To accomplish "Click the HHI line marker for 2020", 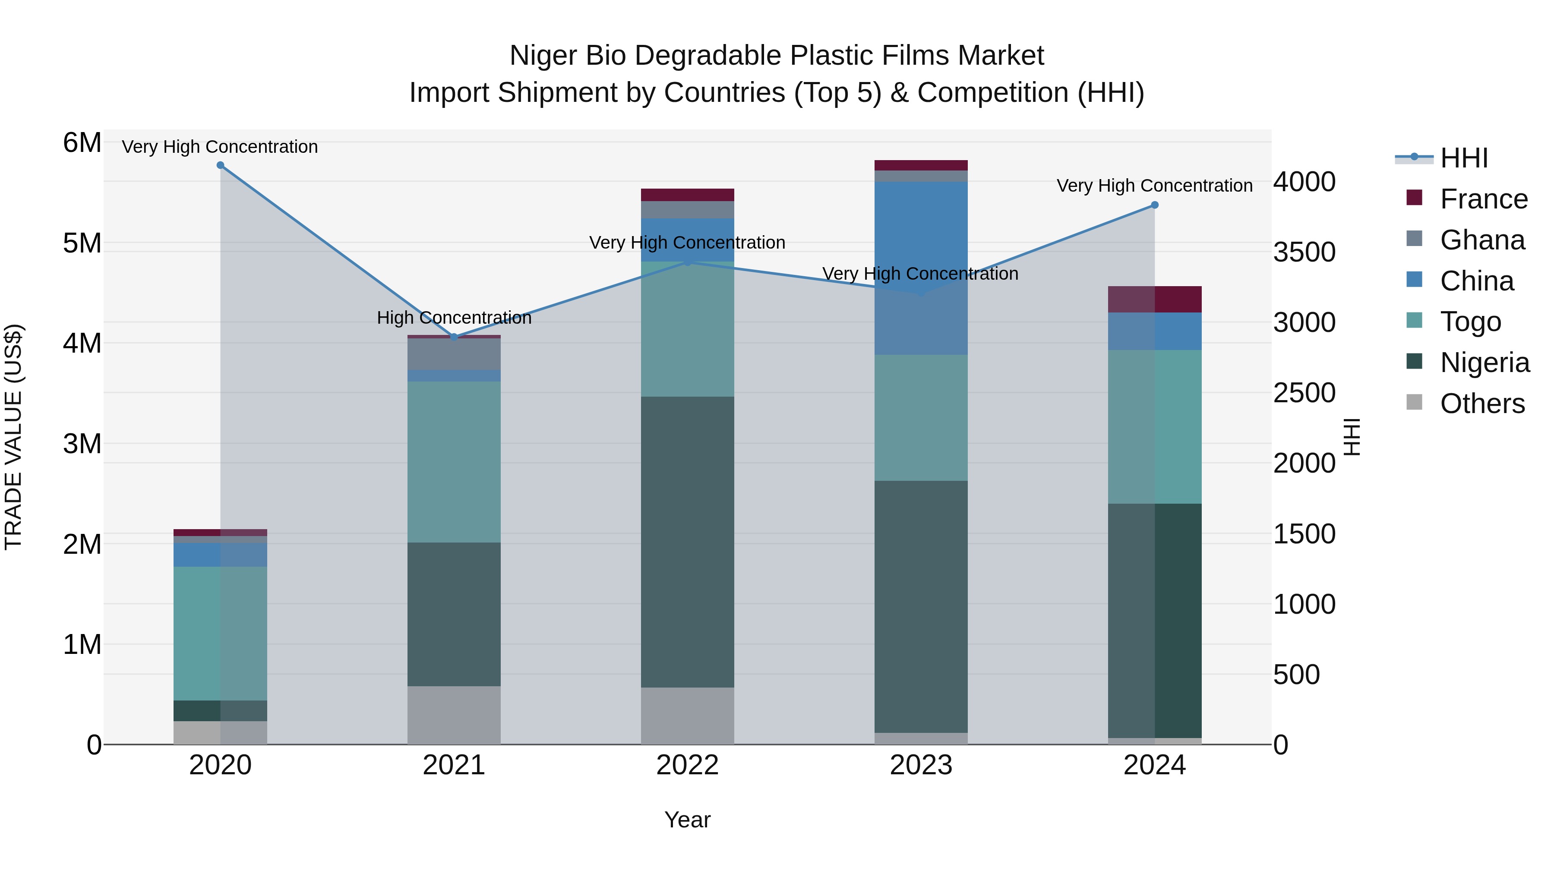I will pos(220,165).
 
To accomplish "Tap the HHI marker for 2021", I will pos(454,337).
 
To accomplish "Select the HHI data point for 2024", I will pos(1155,205).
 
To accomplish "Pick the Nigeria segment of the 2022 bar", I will pos(687,542).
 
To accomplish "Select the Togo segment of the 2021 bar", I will pos(454,461).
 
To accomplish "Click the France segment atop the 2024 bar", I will pos(1155,299).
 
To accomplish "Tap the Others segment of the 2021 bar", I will pos(454,715).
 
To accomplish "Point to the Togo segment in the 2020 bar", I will pos(220,633).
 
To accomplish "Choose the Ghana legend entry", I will pos(1482,240).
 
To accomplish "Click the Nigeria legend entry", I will pos(1484,363).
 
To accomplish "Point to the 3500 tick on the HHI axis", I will pos(1304,252).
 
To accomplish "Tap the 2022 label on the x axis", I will pos(687,765).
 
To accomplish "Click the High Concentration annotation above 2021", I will pos(454,318).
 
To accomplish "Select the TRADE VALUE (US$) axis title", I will pos(13,437).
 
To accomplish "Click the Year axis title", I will pos(687,820).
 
